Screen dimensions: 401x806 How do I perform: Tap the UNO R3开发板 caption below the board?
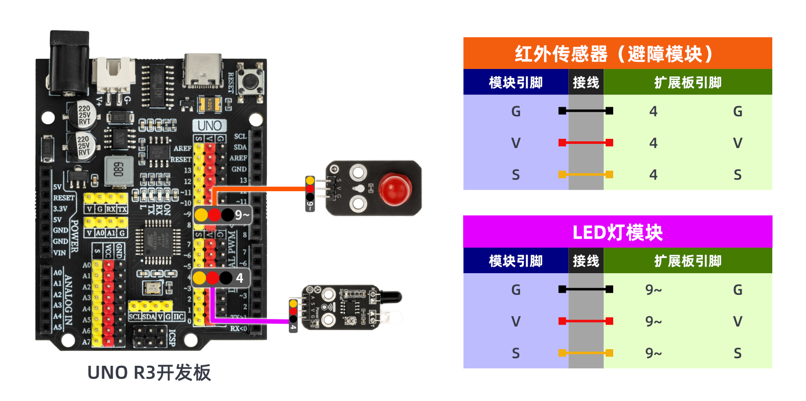[x=149, y=373]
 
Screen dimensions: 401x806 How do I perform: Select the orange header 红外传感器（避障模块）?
[x=617, y=53]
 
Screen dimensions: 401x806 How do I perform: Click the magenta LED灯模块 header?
[x=617, y=232]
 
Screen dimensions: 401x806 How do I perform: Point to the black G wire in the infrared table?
[x=585, y=111]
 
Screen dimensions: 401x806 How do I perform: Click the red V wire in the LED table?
[x=585, y=321]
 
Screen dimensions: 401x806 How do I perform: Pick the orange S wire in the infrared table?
[x=585, y=175]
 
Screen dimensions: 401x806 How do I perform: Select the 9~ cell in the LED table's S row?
[x=653, y=353]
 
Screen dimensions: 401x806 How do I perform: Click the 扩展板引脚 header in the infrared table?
[x=688, y=82]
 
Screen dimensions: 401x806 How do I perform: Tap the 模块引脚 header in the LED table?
[x=516, y=261]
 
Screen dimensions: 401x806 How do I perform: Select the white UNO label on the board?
[x=209, y=125]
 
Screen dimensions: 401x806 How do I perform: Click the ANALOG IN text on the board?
[x=68, y=300]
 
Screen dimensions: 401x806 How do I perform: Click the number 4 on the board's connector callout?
[x=240, y=278]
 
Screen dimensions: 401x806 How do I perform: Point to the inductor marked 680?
[x=118, y=170]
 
